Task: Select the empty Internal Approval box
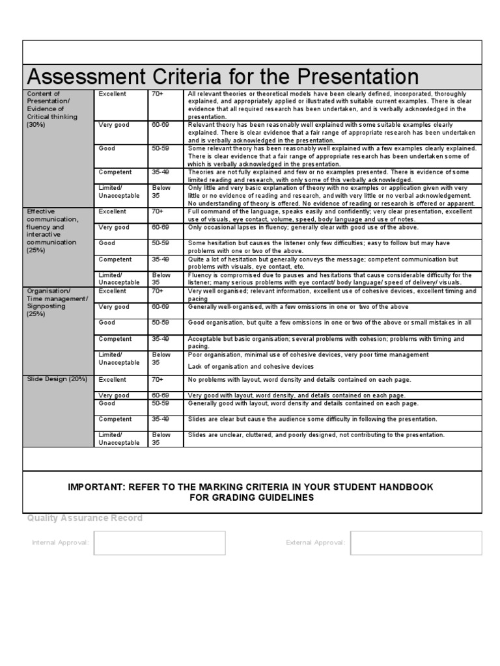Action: click(x=160, y=542)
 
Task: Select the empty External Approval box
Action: click(x=415, y=542)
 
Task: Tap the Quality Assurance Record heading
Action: click(x=85, y=518)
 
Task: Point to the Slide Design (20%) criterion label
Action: click(x=57, y=379)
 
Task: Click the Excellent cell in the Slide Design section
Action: click(x=112, y=379)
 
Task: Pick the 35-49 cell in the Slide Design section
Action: click(x=160, y=420)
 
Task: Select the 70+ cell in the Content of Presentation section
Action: click(x=158, y=94)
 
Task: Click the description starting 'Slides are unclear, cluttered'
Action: click(x=316, y=434)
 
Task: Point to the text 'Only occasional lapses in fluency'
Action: click(x=303, y=227)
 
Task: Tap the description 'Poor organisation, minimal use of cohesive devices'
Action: click(x=309, y=354)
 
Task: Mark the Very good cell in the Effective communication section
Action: click(x=114, y=227)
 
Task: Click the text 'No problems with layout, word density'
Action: click(x=299, y=379)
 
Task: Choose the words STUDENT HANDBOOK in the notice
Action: click(x=376, y=486)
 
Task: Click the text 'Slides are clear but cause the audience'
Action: click(x=312, y=420)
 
